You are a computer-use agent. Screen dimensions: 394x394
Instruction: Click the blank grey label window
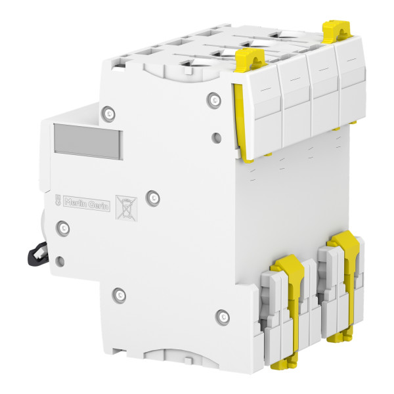point(87,141)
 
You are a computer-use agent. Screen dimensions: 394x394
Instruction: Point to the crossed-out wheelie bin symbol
point(124,207)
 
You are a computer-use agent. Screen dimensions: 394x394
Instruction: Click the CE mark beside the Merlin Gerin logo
point(57,201)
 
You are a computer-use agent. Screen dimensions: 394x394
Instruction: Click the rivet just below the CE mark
point(64,228)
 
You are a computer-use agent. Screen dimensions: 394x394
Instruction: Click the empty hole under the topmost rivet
point(217,138)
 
